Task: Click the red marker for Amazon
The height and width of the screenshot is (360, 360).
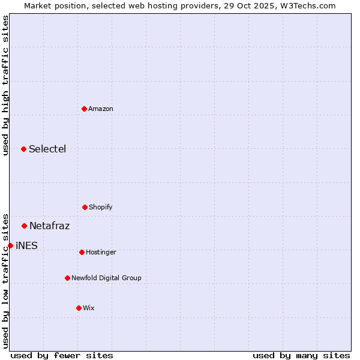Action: coord(84,109)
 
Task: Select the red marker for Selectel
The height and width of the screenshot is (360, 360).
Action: coord(23,149)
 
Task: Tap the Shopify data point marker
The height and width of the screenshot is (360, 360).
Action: coord(85,207)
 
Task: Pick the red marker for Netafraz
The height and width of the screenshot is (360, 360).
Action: coord(24,226)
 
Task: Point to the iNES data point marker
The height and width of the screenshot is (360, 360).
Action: coord(10,245)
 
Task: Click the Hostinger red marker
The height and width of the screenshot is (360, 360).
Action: coord(82,252)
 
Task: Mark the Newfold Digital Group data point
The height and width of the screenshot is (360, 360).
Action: coord(67,278)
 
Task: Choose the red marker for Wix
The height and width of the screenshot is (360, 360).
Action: coord(79,308)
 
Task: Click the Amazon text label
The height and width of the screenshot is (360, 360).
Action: coord(101,109)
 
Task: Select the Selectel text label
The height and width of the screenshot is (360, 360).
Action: coord(47,149)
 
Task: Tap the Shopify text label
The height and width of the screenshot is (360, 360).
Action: coord(101,207)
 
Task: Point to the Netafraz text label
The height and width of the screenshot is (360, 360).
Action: coord(49,226)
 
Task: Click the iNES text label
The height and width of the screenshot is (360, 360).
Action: coord(26,245)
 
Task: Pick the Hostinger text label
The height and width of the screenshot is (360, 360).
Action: coord(101,252)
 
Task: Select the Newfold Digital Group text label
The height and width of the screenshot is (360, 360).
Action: coord(106,278)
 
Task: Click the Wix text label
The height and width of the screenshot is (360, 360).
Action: coord(89,308)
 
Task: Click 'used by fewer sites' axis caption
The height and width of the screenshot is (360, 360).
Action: coord(62,355)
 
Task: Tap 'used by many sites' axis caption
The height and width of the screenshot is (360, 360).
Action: coord(301,355)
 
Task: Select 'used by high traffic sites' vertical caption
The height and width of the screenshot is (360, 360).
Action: coord(5,85)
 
